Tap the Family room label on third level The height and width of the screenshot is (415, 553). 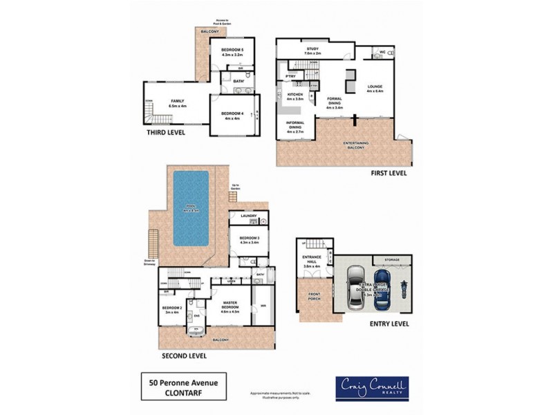(x=178, y=103)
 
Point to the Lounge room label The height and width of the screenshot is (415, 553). (x=375, y=89)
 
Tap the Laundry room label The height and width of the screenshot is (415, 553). (x=249, y=216)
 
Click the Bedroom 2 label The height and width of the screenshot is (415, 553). (x=171, y=310)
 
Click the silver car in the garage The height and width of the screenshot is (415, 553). (x=355, y=286)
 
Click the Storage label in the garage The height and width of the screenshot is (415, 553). (x=393, y=260)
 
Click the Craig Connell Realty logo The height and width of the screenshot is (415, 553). (x=371, y=387)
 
